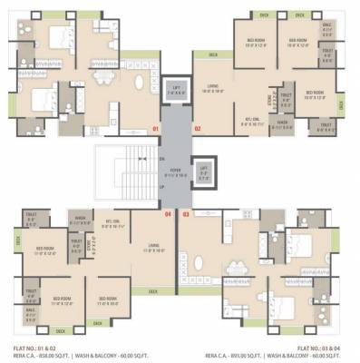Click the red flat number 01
[156, 130]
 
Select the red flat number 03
[186, 214]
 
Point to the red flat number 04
[167, 214]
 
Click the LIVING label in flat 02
[213, 89]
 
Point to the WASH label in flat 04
[80, 219]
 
